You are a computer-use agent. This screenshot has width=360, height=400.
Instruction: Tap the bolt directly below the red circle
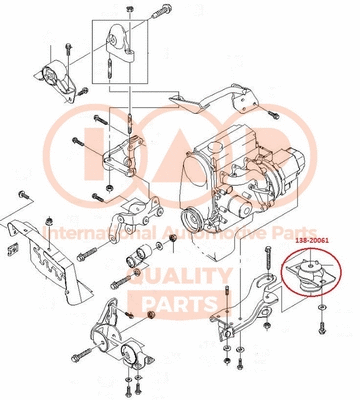(x=318, y=325)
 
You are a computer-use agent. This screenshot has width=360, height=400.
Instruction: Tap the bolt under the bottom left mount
(x=129, y=385)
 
